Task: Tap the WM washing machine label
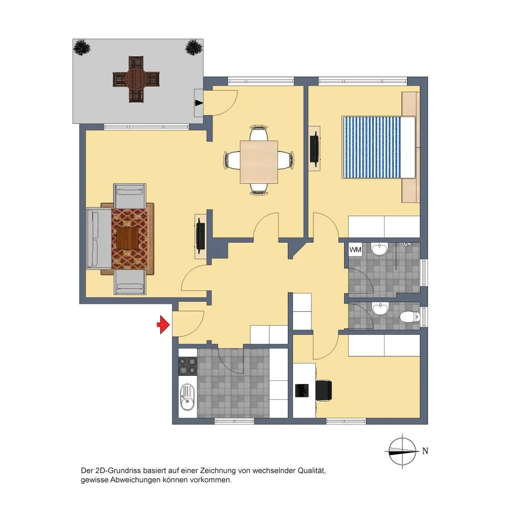point(355,250)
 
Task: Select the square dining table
point(259,162)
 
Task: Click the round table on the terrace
point(136,79)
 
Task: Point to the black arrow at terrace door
point(199,103)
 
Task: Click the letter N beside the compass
point(425,451)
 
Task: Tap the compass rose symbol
point(402,452)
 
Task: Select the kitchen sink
point(187,397)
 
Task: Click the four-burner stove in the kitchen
point(188,366)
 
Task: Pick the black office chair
point(324,390)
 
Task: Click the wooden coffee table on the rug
point(127,238)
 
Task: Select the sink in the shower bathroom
point(379,249)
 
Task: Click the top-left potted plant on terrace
point(81,48)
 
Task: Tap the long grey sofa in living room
point(99,238)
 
